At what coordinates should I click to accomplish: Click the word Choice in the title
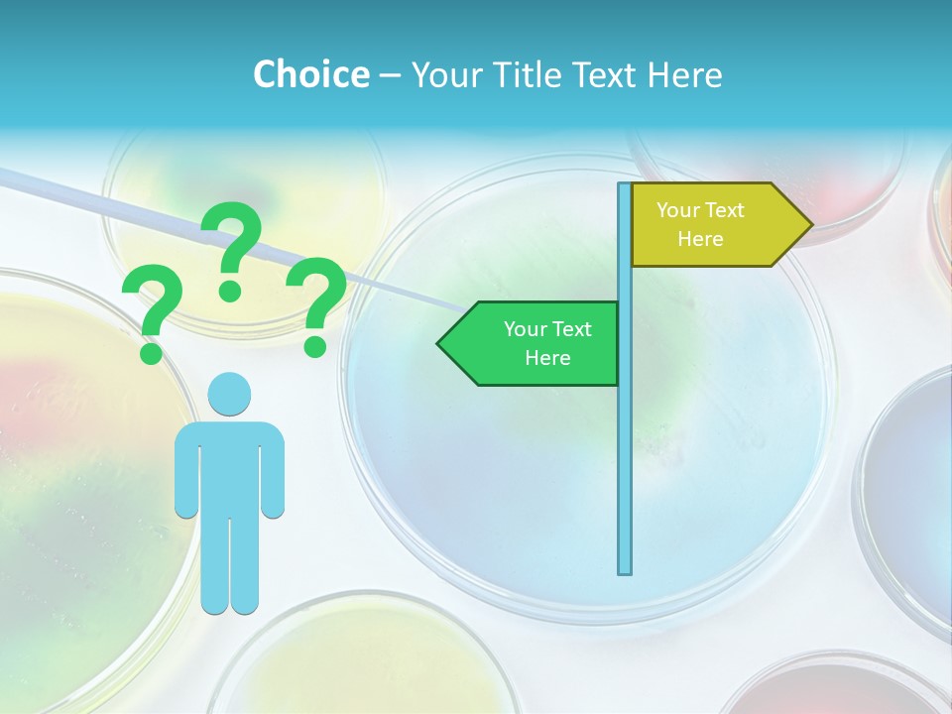(310, 74)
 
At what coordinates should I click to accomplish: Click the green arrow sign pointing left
(535, 343)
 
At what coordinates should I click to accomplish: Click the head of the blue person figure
(229, 394)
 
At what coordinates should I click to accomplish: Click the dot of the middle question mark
(230, 290)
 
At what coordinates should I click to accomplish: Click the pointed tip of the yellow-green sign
(810, 224)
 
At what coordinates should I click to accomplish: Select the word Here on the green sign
(547, 358)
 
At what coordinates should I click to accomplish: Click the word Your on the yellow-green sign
(678, 210)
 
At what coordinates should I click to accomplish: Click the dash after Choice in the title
(390, 75)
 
